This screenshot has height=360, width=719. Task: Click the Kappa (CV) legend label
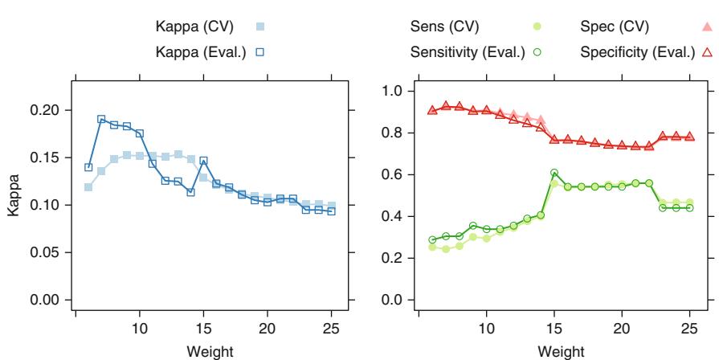click(194, 27)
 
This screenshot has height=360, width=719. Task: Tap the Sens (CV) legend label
click(444, 27)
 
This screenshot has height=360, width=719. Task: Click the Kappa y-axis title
click(15, 204)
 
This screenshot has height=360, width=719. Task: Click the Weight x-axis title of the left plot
click(206, 352)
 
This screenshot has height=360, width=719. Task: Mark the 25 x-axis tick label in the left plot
click(332, 329)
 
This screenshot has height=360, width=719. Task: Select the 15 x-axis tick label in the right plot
click(554, 329)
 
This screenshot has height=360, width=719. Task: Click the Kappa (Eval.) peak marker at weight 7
click(101, 119)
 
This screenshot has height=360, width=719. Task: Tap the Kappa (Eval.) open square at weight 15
click(203, 161)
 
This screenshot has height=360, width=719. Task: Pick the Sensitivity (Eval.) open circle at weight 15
click(554, 173)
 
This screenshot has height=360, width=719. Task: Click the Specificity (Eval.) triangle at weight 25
click(689, 137)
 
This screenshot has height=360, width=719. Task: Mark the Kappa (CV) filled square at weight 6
click(88, 187)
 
